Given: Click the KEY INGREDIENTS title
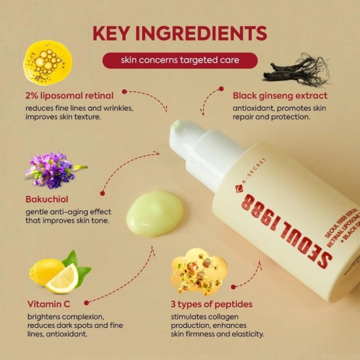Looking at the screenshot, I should [x=179, y=33].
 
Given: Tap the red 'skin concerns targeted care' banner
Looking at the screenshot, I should [x=179, y=60].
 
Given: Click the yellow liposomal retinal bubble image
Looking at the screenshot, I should [x=47, y=62].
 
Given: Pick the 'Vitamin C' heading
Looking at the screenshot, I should [x=49, y=304].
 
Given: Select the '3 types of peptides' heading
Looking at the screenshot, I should [x=211, y=304].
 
